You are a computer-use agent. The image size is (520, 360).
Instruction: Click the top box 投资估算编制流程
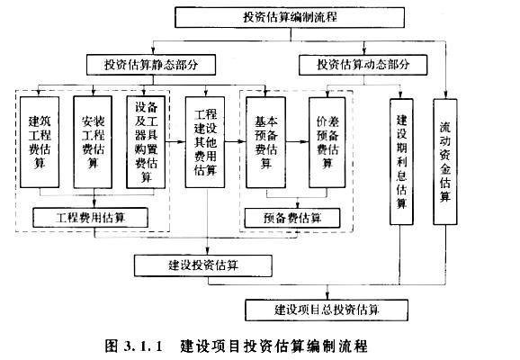click(290, 17)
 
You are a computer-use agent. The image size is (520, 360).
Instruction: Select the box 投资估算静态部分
click(151, 65)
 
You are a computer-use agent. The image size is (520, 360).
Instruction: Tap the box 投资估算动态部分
click(363, 65)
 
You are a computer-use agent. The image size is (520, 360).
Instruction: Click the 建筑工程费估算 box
click(40, 142)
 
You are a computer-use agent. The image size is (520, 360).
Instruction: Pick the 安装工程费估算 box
click(93, 142)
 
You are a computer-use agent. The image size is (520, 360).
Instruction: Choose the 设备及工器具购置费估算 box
click(146, 142)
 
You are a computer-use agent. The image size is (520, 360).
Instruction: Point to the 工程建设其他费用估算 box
click(205, 142)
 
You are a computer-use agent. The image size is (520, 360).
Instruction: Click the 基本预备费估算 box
click(265, 142)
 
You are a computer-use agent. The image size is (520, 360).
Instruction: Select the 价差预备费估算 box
click(327, 142)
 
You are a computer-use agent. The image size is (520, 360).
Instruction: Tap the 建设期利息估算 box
click(401, 162)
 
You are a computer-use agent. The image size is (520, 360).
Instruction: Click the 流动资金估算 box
click(445, 162)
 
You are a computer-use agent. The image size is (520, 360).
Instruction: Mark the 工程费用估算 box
click(90, 218)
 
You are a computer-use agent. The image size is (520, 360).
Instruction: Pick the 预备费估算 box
click(292, 218)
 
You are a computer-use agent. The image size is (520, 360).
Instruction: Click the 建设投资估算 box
click(203, 265)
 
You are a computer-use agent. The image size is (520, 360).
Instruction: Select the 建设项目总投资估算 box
click(327, 310)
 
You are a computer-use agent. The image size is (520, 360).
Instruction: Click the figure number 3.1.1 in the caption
click(143, 346)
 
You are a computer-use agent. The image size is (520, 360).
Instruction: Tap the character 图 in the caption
click(112, 346)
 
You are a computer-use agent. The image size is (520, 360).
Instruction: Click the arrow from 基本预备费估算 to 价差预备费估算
click(297, 142)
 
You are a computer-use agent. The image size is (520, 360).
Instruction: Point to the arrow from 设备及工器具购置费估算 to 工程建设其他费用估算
click(175, 142)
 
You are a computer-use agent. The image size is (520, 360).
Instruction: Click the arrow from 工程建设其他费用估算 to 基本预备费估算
click(236, 142)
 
